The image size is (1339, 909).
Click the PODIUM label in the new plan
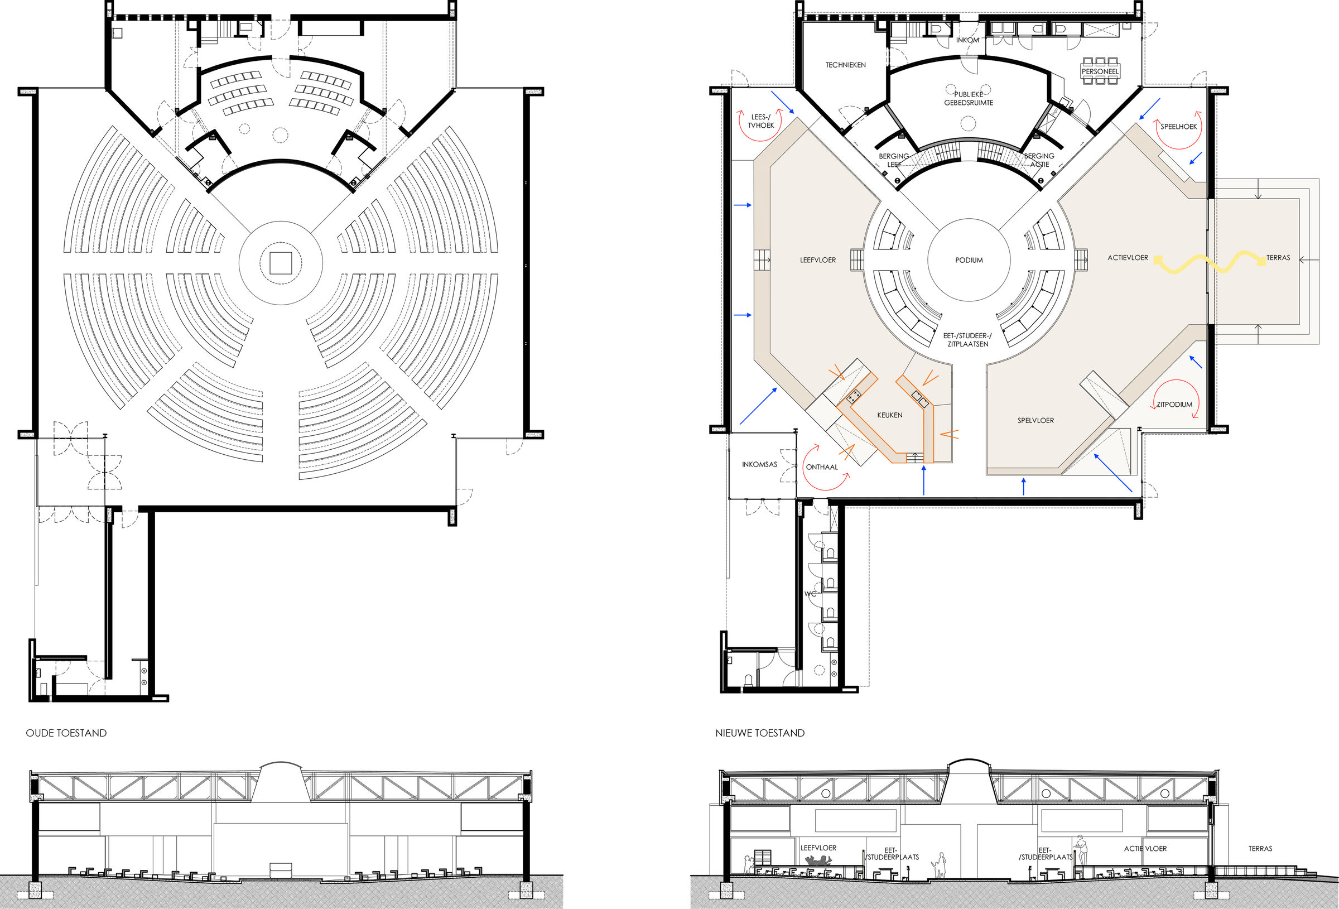(x=969, y=260)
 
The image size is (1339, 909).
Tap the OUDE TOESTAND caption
(x=66, y=733)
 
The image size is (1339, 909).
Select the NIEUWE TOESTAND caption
(x=759, y=733)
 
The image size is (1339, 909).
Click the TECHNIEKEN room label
(x=845, y=65)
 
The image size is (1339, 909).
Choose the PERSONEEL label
(x=1100, y=72)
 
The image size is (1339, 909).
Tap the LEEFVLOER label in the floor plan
(x=817, y=260)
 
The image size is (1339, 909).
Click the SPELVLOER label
(x=1035, y=420)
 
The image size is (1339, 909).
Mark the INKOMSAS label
(x=759, y=464)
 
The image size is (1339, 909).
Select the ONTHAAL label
(x=822, y=467)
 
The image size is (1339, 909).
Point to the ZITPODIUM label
(x=1174, y=405)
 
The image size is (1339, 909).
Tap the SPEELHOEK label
(x=1178, y=126)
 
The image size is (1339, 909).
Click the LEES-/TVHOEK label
(x=760, y=121)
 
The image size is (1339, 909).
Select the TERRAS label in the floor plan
(x=1278, y=258)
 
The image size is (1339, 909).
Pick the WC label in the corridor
(x=810, y=594)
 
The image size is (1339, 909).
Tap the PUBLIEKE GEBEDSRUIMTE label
(x=968, y=99)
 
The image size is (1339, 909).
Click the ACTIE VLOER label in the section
(x=1145, y=849)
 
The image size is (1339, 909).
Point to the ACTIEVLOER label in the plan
(x=1128, y=258)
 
